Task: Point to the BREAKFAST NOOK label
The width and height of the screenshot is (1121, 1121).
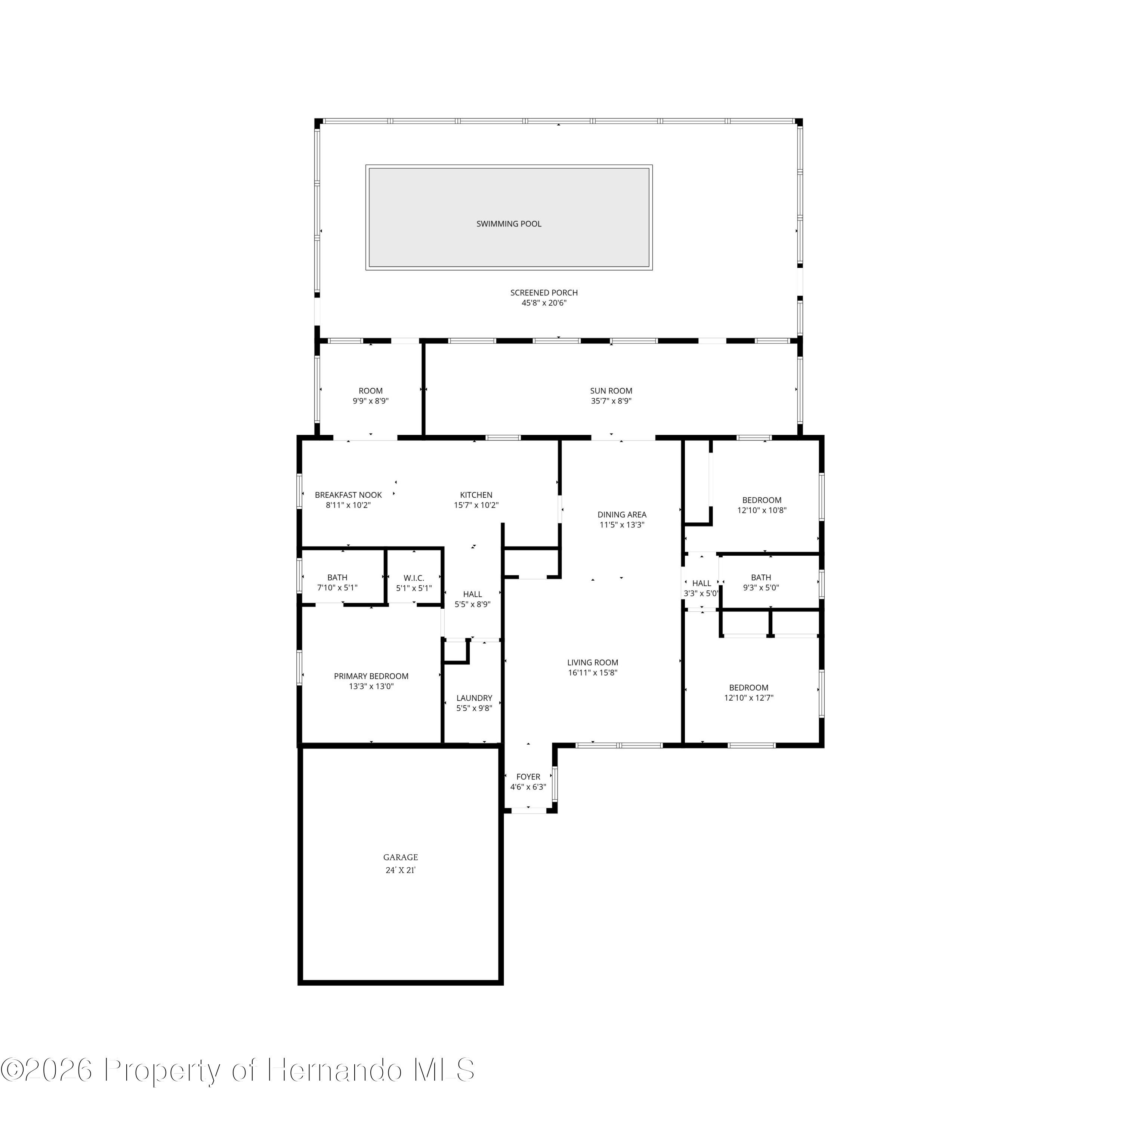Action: coord(348,495)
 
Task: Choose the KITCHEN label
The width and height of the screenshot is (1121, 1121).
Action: coord(476,495)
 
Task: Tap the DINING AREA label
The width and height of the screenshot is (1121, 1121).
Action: coord(621,515)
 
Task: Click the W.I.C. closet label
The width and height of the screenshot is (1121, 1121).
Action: coord(414,578)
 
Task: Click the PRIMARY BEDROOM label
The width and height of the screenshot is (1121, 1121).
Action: coord(371,676)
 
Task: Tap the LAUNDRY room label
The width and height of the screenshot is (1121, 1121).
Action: coord(474,698)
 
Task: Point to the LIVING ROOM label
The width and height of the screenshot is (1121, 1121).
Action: coord(592,663)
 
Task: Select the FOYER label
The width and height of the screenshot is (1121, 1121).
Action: coord(528,776)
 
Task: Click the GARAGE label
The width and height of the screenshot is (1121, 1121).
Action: coord(400,857)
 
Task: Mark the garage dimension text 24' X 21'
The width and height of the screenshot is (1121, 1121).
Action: coord(400,870)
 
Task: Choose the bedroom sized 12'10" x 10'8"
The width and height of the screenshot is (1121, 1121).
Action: coord(761,505)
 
